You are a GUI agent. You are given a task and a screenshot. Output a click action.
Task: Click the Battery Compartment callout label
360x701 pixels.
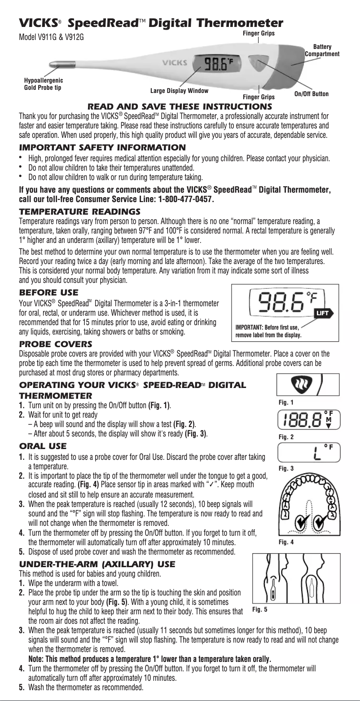(x=322, y=50)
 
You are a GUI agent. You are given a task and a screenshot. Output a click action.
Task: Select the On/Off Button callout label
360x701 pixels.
(x=311, y=94)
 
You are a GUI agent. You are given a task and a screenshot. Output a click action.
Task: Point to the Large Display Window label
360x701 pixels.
(x=180, y=91)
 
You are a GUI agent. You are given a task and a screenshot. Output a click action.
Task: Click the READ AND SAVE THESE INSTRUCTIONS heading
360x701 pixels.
(x=180, y=106)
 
